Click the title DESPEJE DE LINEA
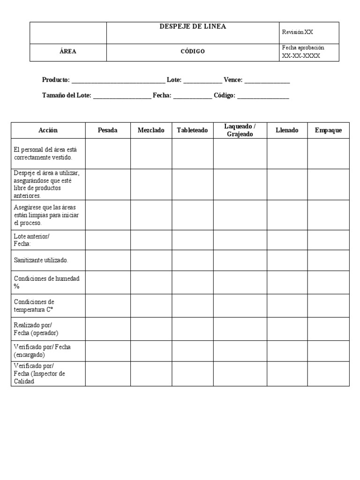tap(193, 27)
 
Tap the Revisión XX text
tap(297, 32)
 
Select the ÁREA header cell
tap(68, 52)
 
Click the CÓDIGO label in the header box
tap(193, 52)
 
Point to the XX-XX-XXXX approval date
tap(301, 56)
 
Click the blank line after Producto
tap(118, 81)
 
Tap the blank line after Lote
tap(202, 81)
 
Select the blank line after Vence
tap(267, 81)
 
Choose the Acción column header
tap(48, 130)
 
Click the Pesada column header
tap(107, 130)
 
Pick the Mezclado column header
tap(151, 130)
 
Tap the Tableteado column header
tap(192, 130)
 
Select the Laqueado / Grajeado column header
tap(240, 130)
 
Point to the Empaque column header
tap(328, 130)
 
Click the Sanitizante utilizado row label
tap(41, 260)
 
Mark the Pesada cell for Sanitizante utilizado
tap(107, 260)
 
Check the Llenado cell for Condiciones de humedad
tap(287, 282)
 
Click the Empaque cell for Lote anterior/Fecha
tap(328, 240)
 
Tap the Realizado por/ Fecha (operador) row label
tap(36, 329)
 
